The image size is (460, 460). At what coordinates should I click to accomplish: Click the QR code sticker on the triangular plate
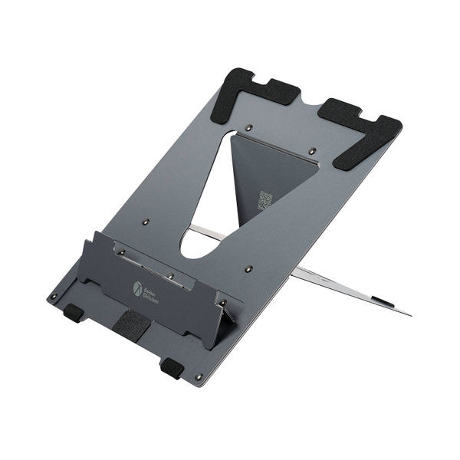265,201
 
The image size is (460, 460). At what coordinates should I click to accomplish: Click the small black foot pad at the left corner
73,312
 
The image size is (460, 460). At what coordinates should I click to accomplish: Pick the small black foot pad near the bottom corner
171,367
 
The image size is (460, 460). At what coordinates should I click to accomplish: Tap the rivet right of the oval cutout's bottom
248,269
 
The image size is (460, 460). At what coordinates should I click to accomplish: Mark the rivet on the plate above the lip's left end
146,222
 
